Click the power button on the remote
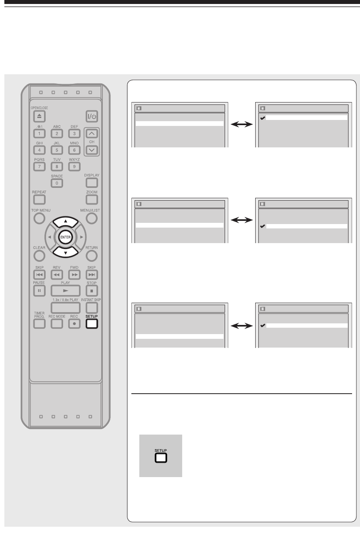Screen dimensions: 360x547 [x=92, y=117]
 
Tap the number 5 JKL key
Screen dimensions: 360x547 [x=57, y=150]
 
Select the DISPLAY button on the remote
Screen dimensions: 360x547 [x=92, y=183]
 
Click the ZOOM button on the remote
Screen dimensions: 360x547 [x=92, y=199]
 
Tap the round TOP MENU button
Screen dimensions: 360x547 [x=39, y=218]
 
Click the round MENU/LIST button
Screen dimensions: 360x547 [x=92, y=218]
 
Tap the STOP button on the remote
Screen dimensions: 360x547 [x=92, y=290]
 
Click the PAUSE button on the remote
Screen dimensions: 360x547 [x=39, y=290]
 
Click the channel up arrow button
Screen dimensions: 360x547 [x=92, y=134]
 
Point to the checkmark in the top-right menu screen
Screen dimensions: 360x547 [x=262, y=118]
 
